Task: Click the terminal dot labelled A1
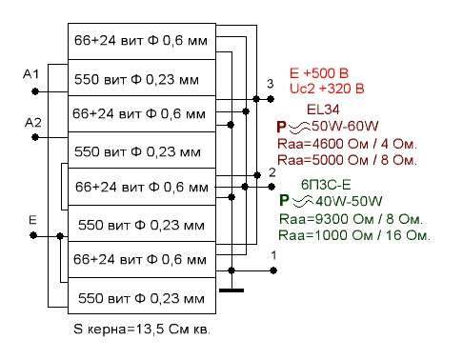(x=35, y=91)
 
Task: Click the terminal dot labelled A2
(x=35, y=137)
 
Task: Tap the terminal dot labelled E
(x=33, y=236)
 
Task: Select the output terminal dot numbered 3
(x=271, y=99)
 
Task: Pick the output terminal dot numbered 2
(x=272, y=187)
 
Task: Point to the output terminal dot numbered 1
(x=273, y=270)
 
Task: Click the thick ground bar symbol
(x=231, y=290)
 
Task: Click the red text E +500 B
(x=319, y=73)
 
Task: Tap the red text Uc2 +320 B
(x=327, y=89)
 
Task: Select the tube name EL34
(x=323, y=110)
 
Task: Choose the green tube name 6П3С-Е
(x=326, y=185)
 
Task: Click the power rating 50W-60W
(x=345, y=127)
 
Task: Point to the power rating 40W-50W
(x=349, y=201)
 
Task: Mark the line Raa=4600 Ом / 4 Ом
(x=347, y=144)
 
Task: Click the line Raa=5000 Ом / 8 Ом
(x=347, y=160)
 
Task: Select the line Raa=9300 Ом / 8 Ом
(x=351, y=219)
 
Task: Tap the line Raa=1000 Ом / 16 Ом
(x=353, y=235)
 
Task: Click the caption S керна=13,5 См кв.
(x=142, y=330)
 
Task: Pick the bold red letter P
(x=281, y=127)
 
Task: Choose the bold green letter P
(x=284, y=200)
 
